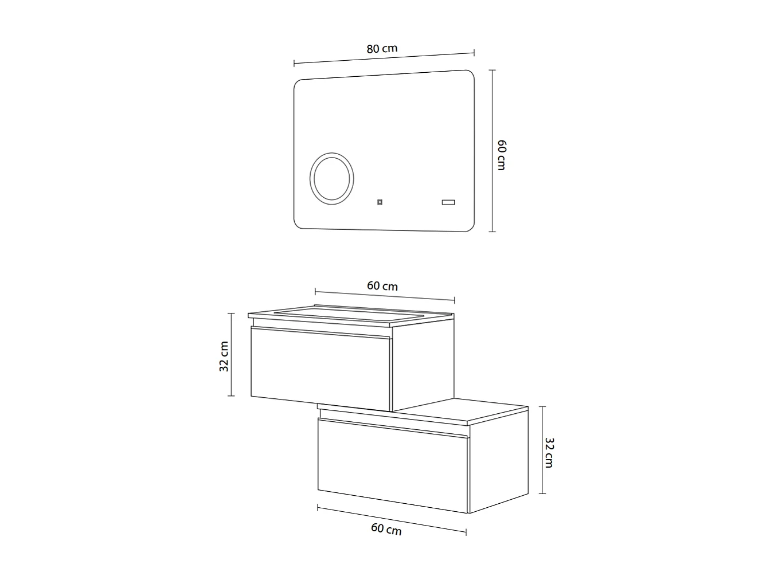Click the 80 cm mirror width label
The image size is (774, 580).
point(382,49)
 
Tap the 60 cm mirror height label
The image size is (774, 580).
point(501,154)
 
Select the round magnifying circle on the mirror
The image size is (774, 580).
point(332,177)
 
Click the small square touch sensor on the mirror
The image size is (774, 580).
point(380,202)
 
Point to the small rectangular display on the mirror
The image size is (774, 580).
point(448,202)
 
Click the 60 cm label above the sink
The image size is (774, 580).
point(382,286)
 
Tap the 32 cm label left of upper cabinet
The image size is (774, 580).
point(224,356)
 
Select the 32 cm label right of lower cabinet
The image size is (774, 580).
point(549,452)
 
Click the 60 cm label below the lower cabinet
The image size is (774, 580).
point(386,529)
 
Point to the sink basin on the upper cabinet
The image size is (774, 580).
point(350,314)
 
